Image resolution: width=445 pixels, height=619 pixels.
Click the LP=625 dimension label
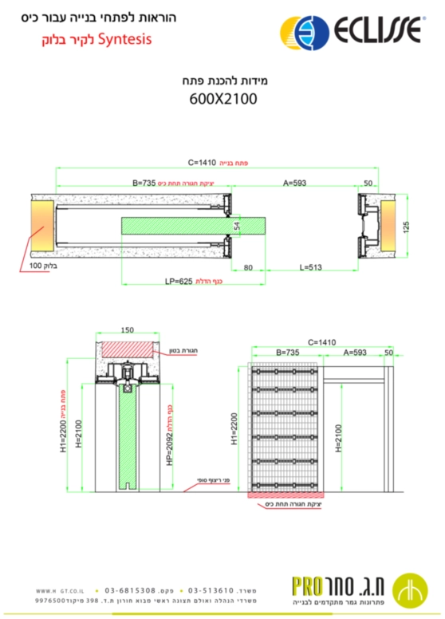179,281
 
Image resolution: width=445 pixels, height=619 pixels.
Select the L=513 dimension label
310,268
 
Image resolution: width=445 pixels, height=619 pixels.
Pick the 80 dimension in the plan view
249,268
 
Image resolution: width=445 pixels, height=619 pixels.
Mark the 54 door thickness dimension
237,227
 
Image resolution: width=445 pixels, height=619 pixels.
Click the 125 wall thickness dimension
405,226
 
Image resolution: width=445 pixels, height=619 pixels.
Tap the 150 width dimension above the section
128,329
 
